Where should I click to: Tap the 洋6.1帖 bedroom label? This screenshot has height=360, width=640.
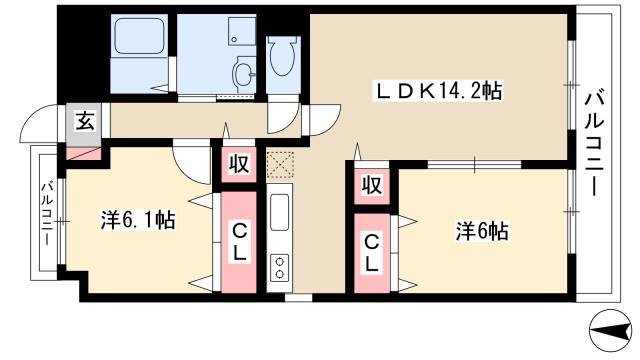(x=138, y=220)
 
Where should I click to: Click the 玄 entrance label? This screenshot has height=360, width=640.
(x=86, y=122)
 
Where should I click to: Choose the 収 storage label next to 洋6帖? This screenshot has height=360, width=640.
(x=370, y=186)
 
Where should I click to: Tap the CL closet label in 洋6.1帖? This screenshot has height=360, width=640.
(x=241, y=243)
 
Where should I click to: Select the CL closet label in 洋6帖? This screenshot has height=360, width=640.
(x=370, y=257)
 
